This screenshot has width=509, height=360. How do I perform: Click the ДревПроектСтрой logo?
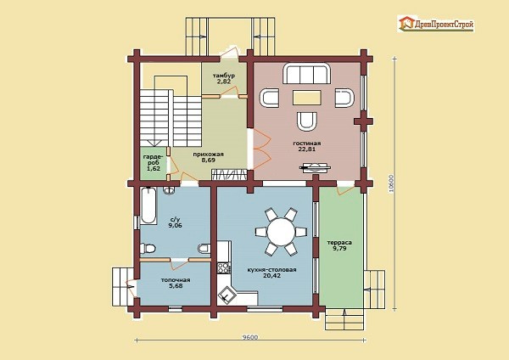coord(436,24)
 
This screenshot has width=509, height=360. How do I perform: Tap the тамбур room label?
coord(224,76)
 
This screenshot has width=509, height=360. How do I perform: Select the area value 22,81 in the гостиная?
coord(307,149)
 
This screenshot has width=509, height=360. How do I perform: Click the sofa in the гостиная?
coord(307,74)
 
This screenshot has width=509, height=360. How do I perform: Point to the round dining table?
coord(281,232)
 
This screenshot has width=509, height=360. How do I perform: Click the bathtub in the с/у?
coord(148,206)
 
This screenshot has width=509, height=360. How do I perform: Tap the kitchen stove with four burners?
coord(224,268)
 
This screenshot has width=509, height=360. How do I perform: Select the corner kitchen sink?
coord(226,295)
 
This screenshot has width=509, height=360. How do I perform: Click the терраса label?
coord(339,243)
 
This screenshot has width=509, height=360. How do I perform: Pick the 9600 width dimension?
coord(250,338)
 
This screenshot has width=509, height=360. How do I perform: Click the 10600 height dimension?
coord(391,184)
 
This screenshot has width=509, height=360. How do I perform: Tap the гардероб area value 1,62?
coord(154,169)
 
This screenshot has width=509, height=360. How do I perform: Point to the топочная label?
coord(176,280)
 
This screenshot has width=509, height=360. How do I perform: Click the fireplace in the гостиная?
coord(315,167)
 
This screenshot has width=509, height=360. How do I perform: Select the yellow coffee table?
coord(307,98)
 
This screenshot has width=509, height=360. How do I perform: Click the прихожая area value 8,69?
coord(208,160)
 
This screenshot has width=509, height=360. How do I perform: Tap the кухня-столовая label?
coord(271,270)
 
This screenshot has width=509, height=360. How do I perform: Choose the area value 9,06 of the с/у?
coord(175,225)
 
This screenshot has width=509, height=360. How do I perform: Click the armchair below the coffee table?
coord(307,121)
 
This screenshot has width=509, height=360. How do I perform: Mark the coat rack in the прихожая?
coord(228,174)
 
